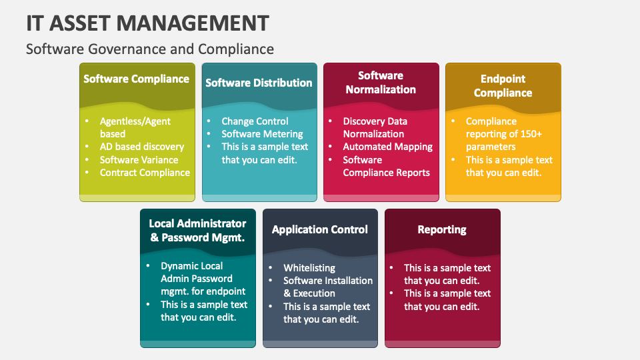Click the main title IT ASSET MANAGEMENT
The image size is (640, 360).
tap(147, 23)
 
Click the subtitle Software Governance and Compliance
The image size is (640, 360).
tap(150, 49)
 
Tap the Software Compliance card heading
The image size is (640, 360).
tap(137, 79)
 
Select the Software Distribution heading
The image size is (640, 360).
tap(259, 83)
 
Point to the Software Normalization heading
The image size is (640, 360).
tap(381, 83)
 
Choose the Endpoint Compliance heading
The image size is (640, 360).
tap(503, 86)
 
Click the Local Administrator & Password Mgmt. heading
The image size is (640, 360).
tap(197, 230)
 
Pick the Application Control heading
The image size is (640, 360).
tap(320, 229)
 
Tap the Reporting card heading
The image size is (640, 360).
tap(442, 229)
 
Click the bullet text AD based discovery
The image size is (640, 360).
tap(141, 147)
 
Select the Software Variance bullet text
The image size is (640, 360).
tap(139, 160)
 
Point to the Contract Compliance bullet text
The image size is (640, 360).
tap(145, 173)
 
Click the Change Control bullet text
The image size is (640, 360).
tap(255, 121)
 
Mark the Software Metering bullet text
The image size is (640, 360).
tap(262, 134)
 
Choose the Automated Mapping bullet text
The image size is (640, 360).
tap(387, 147)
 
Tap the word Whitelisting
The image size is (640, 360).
tap(309, 268)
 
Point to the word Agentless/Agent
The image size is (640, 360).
tap(135, 121)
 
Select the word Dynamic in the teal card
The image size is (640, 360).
tap(180, 266)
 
